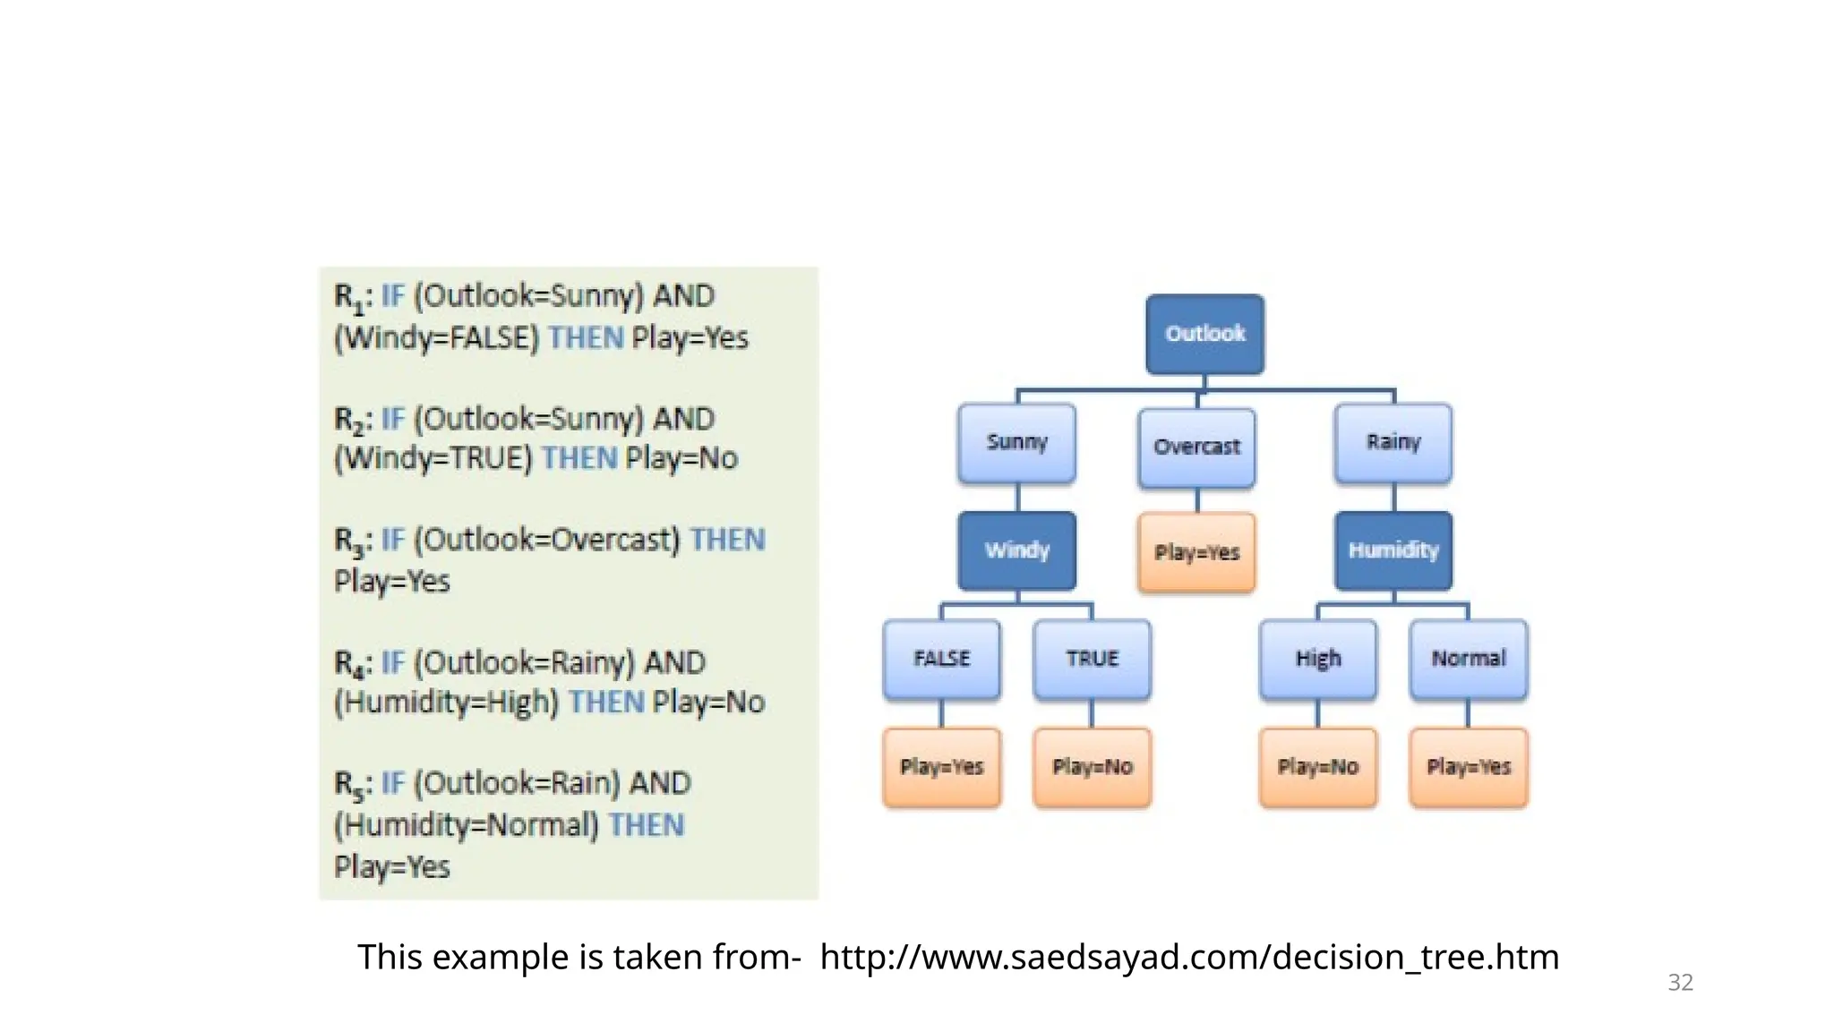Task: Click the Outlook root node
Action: click(x=1204, y=334)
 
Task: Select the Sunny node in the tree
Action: click(x=1016, y=442)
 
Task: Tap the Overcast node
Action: click(x=1196, y=447)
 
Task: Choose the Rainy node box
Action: click(x=1393, y=442)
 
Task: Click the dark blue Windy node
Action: click(x=1016, y=550)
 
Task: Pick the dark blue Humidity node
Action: click(x=1393, y=550)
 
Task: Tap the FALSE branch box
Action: click(x=941, y=659)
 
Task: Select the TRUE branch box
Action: click(x=1092, y=659)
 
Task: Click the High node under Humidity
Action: click(x=1317, y=659)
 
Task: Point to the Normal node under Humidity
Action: click(x=1468, y=659)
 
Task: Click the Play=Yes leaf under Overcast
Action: click(x=1196, y=552)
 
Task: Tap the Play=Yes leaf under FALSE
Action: click(x=941, y=767)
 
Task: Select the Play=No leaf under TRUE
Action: click(x=1092, y=767)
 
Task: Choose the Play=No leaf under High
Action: click(x=1317, y=767)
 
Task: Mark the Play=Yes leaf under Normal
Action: click(x=1468, y=767)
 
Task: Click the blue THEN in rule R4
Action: click(x=606, y=702)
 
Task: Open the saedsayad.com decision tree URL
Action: click(x=1189, y=958)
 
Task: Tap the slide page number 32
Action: click(x=1680, y=983)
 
